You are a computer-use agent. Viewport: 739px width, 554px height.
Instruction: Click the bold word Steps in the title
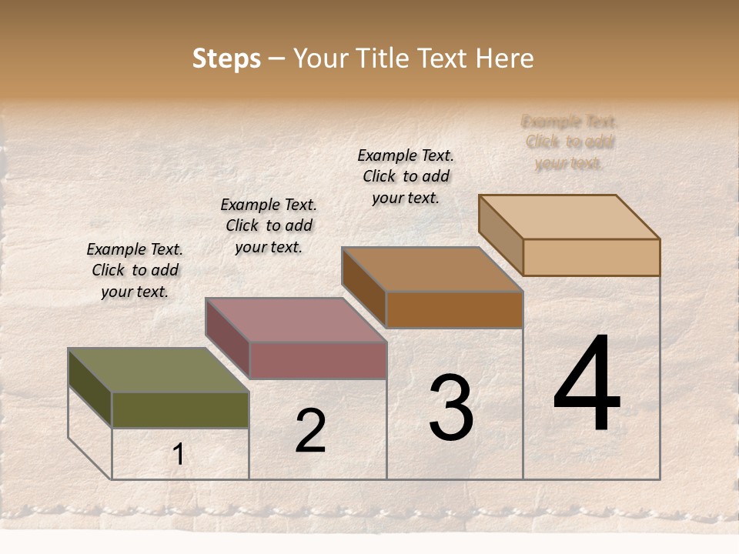coord(226,58)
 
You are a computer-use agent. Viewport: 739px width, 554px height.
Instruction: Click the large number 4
coord(587,385)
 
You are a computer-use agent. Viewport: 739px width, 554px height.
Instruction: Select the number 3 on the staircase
coord(451,409)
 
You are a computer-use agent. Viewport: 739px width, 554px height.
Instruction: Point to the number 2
coord(310,431)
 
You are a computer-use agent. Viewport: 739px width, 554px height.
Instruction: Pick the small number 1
coord(179,455)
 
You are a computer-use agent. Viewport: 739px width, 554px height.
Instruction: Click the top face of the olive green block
coord(159,370)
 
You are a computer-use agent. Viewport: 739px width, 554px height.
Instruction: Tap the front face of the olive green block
coord(180,409)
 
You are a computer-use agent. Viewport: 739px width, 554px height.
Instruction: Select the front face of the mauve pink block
coord(318,360)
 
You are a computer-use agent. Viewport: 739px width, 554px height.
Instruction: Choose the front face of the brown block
coord(454,309)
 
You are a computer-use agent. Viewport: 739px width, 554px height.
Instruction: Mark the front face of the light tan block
coord(591,257)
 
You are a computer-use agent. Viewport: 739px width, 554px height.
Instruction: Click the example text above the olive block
coord(135,270)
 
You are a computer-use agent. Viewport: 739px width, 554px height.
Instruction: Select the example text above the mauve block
coord(269,225)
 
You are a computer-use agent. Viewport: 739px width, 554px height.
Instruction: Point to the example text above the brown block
coord(406,176)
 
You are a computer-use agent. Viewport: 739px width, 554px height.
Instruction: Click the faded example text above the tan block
coord(570,142)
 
